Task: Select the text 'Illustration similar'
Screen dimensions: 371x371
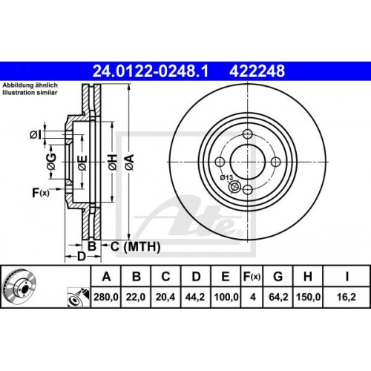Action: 29,93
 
